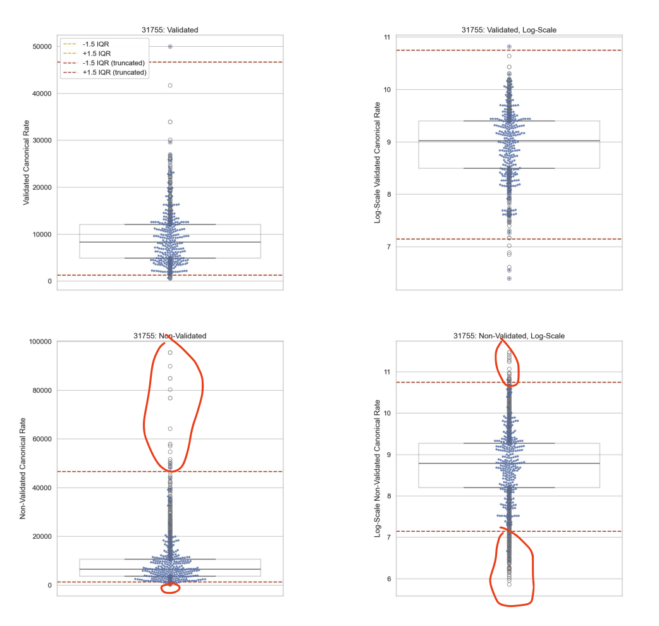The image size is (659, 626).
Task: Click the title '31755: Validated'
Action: click(x=169, y=29)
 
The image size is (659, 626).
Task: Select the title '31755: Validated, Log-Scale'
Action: click(x=509, y=29)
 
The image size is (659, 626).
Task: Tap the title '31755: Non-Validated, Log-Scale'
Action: click(x=509, y=336)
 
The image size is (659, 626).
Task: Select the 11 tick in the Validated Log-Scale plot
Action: click(x=386, y=37)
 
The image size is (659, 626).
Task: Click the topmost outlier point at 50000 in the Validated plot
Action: click(x=170, y=46)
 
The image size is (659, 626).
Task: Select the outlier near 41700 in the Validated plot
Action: click(x=170, y=85)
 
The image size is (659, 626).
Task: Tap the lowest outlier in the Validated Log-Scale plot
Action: click(x=509, y=278)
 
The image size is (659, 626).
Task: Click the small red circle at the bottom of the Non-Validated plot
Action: click(x=170, y=588)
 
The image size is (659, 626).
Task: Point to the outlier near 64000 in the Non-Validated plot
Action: click(x=170, y=429)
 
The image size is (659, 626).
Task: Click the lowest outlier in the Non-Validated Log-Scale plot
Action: click(x=509, y=584)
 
